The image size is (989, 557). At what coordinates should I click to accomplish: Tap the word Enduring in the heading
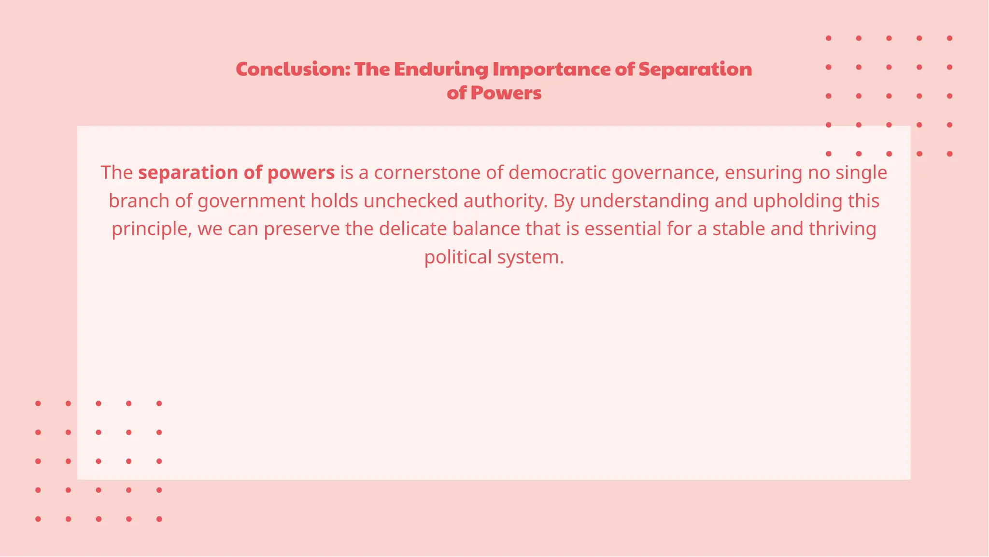point(441,70)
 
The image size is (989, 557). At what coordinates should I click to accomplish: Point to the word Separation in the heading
point(695,70)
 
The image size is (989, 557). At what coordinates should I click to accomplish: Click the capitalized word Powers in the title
point(506,93)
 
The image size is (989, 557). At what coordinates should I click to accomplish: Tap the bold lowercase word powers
point(301,173)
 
